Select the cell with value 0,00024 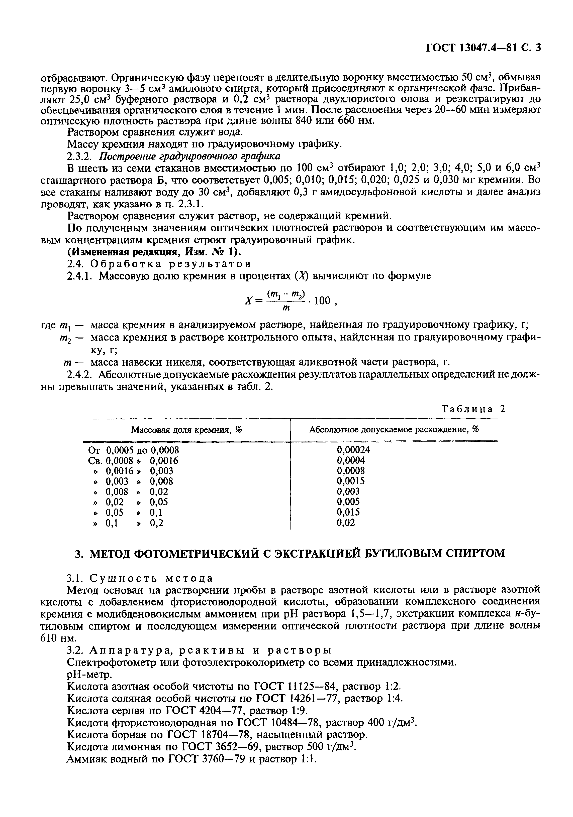[x=353, y=450]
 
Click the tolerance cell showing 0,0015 [x=351, y=481]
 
